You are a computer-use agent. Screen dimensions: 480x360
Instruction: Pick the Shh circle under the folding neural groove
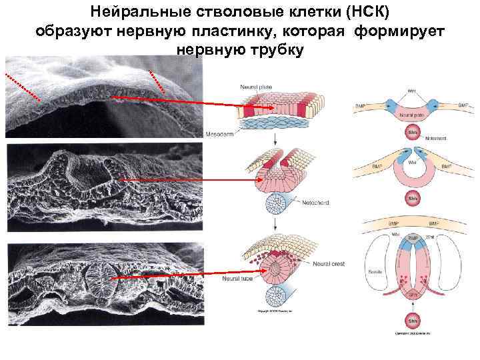pos(413,198)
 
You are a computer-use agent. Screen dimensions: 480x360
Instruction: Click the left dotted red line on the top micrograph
pos(23,86)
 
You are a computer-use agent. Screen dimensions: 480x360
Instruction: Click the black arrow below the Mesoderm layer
pos(276,138)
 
